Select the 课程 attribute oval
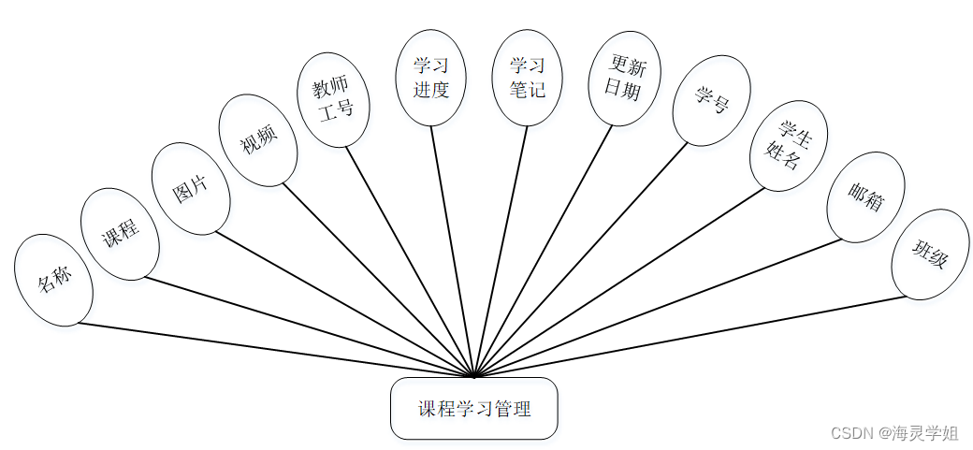(x=120, y=233)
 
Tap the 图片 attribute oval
(x=190, y=188)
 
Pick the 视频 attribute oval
(x=258, y=140)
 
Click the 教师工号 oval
(x=334, y=99)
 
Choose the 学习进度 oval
(x=430, y=78)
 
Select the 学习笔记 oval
(x=527, y=78)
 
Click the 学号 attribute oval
(x=711, y=100)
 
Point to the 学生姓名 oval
(x=788, y=146)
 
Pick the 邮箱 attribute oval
(x=865, y=196)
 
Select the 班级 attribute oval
(x=929, y=254)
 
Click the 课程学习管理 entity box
(x=473, y=409)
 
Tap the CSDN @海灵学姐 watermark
(x=893, y=432)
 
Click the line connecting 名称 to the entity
(x=277, y=351)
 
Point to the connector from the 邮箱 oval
(x=659, y=308)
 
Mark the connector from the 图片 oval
(x=346, y=305)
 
